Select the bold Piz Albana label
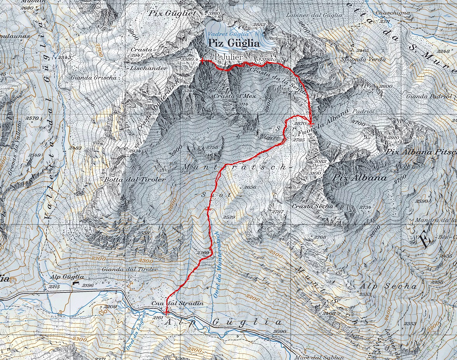coord(360,178)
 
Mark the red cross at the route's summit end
coord(202,60)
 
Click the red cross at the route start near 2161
coord(166,312)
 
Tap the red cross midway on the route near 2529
coord(209,210)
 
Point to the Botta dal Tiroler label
coord(134,180)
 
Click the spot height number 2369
coord(203,253)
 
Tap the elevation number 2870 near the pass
coord(300,123)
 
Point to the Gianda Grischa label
coord(93,77)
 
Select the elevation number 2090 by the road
coord(279,332)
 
